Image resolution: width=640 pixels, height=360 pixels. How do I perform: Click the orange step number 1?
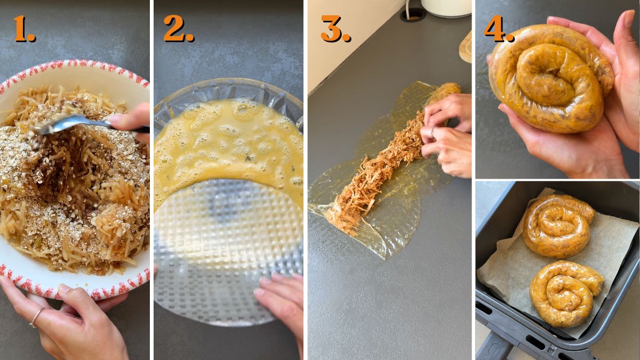coord(24,29)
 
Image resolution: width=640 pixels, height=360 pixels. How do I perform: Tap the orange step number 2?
coord(178,29)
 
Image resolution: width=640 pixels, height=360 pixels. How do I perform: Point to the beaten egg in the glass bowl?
coord(224,144)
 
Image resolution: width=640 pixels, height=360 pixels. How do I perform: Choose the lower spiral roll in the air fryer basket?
coord(564,293)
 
